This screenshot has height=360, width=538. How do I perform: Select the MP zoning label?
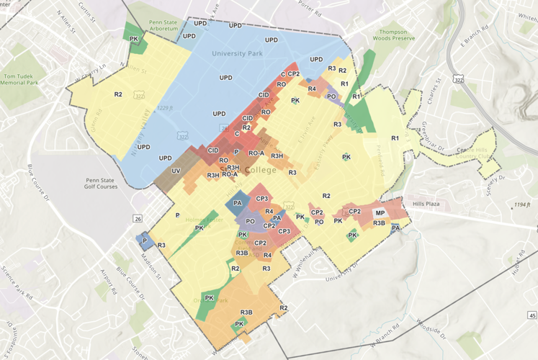[380, 213]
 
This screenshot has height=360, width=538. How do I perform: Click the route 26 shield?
[138, 218]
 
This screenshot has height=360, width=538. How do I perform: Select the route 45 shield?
[531, 315]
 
